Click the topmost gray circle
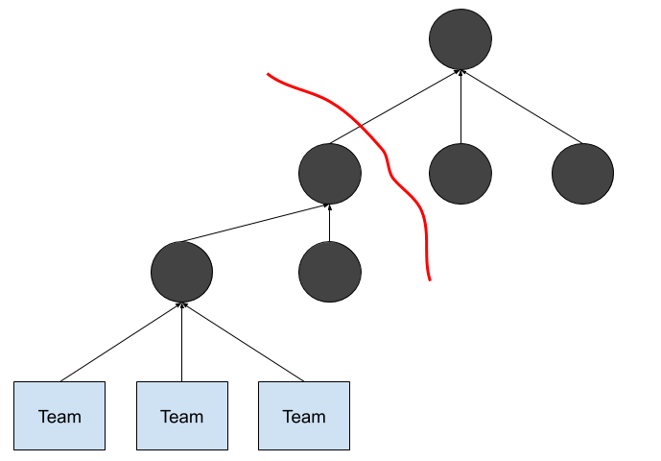(x=460, y=39)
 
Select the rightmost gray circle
(x=582, y=174)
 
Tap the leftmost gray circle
(x=181, y=272)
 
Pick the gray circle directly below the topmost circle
(x=460, y=174)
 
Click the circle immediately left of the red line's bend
(x=330, y=174)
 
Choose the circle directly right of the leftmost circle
(x=330, y=272)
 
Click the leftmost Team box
(x=59, y=416)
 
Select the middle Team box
(x=182, y=416)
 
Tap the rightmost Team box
(x=304, y=416)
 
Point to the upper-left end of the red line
(x=268, y=74)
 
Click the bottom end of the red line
(x=430, y=280)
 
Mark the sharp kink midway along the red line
(x=390, y=173)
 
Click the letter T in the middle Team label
(x=165, y=417)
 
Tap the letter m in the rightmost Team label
(x=318, y=418)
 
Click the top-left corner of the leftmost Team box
(x=14, y=382)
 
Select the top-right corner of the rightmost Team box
(x=348, y=382)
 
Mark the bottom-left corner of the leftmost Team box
(x=14, y=449)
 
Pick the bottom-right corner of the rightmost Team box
(x=348, y=449)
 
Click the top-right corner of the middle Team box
(x=226, y=382)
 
